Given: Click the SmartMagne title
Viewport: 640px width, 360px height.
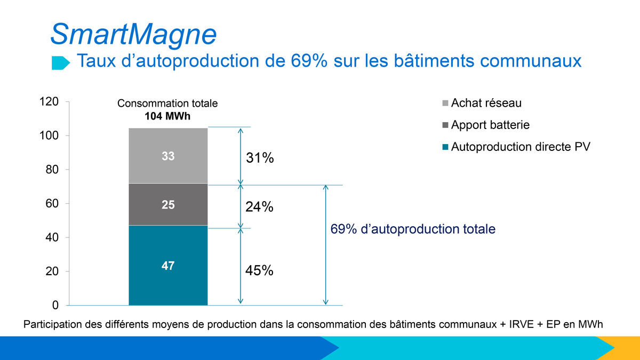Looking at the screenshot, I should coord(133,34).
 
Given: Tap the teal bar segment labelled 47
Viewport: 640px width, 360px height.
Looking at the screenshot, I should coord(168,265).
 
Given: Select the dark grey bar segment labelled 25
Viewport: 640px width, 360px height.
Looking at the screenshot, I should coord(168,205).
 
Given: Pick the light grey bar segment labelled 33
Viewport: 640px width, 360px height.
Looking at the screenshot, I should coord(168,156).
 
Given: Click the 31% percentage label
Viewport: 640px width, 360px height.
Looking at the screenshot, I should coord(260,158).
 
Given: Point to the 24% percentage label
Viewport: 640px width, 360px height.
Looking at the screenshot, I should coord(260,206).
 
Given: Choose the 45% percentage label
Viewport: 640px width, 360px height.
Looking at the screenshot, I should coord(260,271).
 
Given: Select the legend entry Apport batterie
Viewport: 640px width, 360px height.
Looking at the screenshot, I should coord(490,125).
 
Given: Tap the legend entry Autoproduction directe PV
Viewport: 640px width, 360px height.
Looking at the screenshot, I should coord(521,147).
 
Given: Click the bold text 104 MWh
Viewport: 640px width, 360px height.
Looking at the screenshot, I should coord(167,115).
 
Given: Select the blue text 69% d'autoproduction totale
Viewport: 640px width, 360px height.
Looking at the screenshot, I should coord(413,229).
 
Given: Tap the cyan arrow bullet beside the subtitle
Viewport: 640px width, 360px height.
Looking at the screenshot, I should coord(60,63).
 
